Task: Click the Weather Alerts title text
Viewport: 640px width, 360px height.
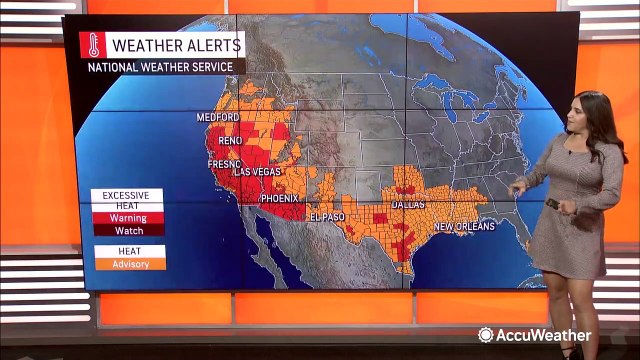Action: coord(176,45)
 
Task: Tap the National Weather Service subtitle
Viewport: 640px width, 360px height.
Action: coord(160,67)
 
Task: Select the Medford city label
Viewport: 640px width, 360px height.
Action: coord(217,117)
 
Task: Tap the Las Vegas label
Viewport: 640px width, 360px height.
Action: coord(258,172)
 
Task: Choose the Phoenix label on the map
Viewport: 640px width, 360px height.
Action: coord(279,198)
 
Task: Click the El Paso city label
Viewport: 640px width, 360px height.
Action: coord(326,217)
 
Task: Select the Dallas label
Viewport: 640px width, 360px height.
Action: coord(409,205)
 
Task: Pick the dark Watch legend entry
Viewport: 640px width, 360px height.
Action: coord(128,231)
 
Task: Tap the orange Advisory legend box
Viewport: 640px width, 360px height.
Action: coord(128,264)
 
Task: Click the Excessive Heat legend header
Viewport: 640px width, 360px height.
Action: coord(128,199)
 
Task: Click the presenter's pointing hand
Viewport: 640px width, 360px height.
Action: coord(517,186)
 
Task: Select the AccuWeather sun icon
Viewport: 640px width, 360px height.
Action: coord(486,335)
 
